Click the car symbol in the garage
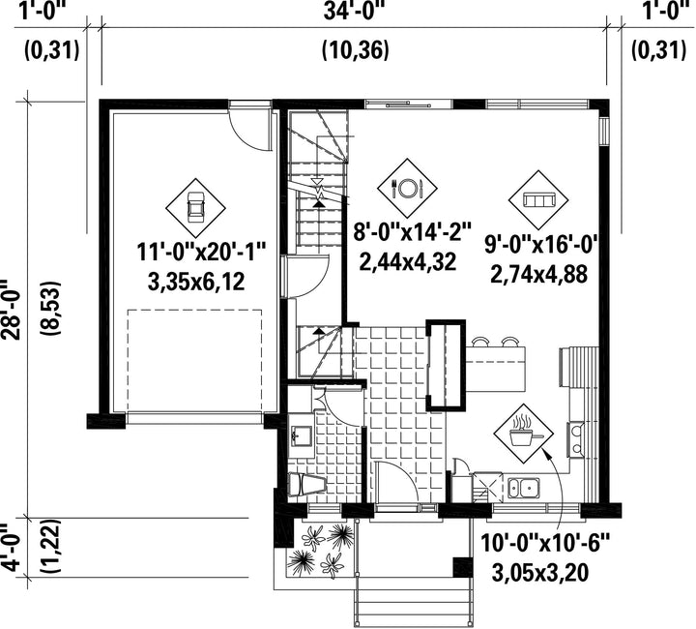tap(195, 207)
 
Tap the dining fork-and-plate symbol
tap(408, 188)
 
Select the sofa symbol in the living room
tap(538, 200)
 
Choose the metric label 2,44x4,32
tap(408, 261)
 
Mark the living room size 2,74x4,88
tap(538, 274)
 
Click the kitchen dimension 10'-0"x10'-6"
tap(545, 543)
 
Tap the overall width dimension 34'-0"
tap(354, 11)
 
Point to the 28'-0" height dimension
tap(11, 310)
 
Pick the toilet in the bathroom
tap(307, 484)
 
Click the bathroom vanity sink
tap(301, 436)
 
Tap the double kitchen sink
tap(524, 488)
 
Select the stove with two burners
tap(576, 439)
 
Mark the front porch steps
tap(413, 608)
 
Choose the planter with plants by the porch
tap(321, 550)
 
